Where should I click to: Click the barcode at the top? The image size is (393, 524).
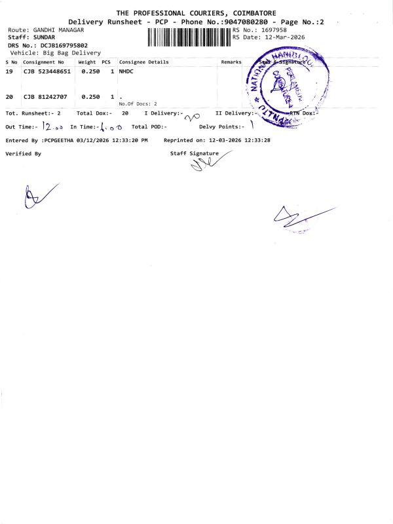point(189,37)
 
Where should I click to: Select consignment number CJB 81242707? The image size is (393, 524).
point(45,96)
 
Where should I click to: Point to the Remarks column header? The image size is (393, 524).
point(231,62)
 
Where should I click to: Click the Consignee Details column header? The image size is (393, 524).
point(143,62)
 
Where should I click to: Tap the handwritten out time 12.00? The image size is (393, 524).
point(51,126)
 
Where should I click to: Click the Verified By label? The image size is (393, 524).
point(23,153)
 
